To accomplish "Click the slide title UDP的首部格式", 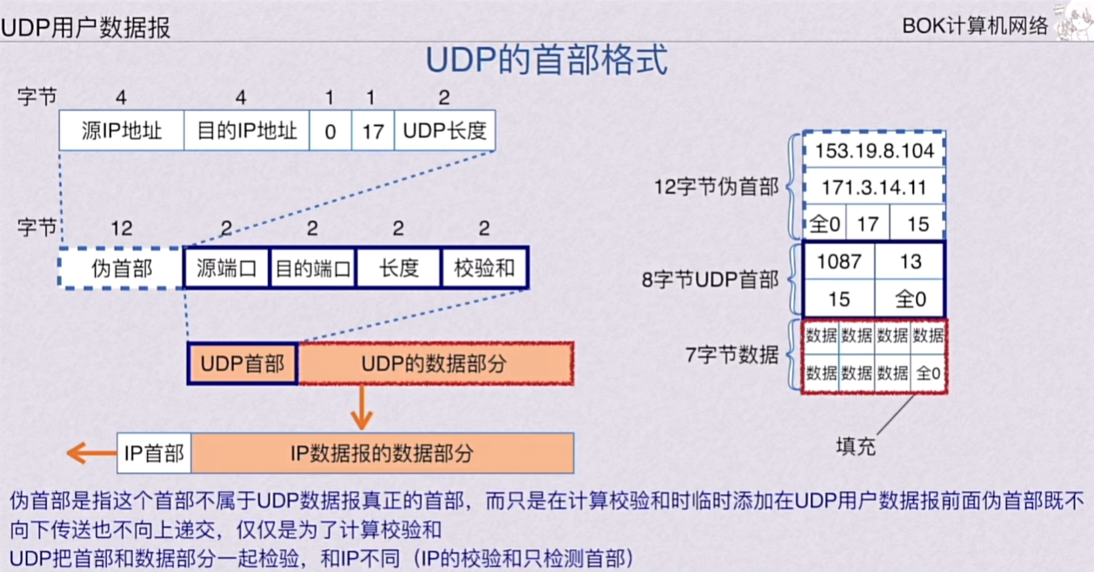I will click(x=546, y=62).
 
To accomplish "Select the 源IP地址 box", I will click(x=122, y=131).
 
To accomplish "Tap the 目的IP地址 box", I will click(x=247, y=131).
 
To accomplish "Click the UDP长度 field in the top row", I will click(x=444, y=131).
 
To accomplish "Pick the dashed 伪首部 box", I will click(x=122, y=268).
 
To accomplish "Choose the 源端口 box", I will click(x=226, y=268).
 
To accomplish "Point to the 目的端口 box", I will click(x=312, y=268).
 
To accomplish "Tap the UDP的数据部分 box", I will click(x=435, y=363).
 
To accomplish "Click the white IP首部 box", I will click(x=154, y=453).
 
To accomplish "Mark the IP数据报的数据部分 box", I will click(x=382, y=453).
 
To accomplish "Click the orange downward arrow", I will click(x=362, y=406).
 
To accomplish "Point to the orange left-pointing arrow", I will click(x=87, y=453).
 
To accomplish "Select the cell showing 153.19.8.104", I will click(x=873, y=150).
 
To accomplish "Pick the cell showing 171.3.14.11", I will click(x=873, y=187).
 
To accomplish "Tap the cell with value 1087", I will click(x=838, y=261).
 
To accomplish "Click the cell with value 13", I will click(x=910, y=261).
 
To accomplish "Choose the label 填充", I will click(x=856, y=447).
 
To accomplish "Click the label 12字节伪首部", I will click(x=717, y=186).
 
